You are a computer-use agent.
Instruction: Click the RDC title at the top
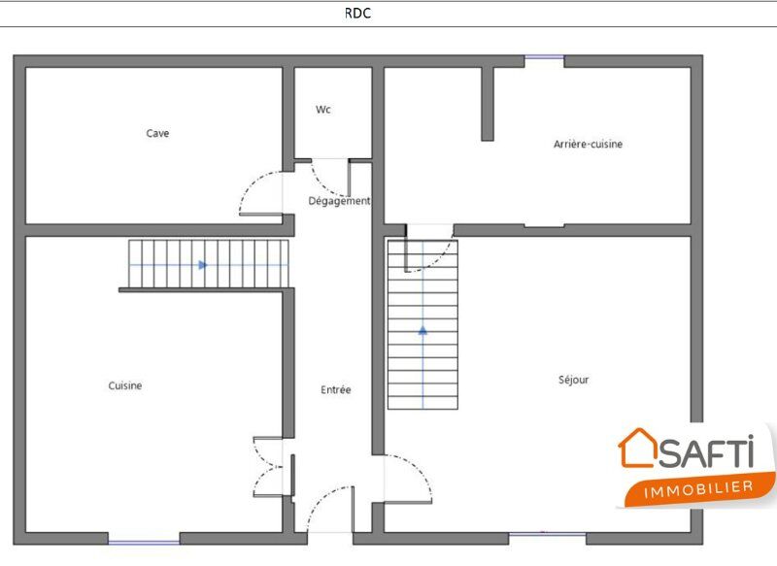(x=357, y=13)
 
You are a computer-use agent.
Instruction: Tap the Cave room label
(x=157, y=133)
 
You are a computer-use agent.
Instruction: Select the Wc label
(x=323, y=110)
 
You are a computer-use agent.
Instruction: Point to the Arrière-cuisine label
(x=588, y=144)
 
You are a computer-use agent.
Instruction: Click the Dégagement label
(x=339, y=201)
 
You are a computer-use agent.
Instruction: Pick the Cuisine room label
(x=125, y=385)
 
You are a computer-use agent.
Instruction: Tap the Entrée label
(x=335, y=390)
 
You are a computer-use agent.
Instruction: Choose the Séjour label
(x=573, y=380)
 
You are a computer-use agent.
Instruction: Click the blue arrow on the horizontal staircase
(x=203, y=265)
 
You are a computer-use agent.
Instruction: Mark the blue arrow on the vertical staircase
(x=422, y=330)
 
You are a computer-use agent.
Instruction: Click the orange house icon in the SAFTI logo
(x=638, y=449)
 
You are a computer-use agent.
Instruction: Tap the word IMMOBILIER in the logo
(x=698, y=489)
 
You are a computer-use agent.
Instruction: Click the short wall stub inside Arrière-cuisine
(x=488, y=104)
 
